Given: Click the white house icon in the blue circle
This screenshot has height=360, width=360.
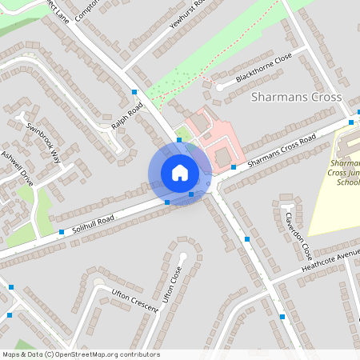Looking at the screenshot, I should pyautogui.click(x=180, y=173).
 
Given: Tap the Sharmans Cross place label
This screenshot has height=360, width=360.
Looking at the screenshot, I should pyautogui.click(x=296, y=97).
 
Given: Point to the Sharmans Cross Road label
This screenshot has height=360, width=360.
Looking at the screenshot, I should pyautogui.click(x=281, y=150).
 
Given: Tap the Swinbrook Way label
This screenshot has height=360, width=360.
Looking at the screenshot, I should pyautogui.click(x=44, y=142).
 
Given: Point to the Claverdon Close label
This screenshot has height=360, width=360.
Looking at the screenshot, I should pyautogui.click(x=295, y=235).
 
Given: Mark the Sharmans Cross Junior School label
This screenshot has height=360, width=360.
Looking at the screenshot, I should pyautogui.click(x=346, y=172).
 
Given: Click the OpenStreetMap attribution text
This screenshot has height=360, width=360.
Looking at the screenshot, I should pyautogui.click(x=81, y=354).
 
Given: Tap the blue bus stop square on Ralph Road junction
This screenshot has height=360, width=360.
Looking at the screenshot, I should pyautogui.click(x=134, y=93).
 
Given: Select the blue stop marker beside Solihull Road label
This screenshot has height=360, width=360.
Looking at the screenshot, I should pyautogui.click(x=62, y=232).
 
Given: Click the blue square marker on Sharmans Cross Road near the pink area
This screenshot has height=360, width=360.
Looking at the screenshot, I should pyautogui.click(x=234, y=166).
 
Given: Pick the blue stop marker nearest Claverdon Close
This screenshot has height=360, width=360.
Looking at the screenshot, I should pyautogui.click(x=248, y=239).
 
